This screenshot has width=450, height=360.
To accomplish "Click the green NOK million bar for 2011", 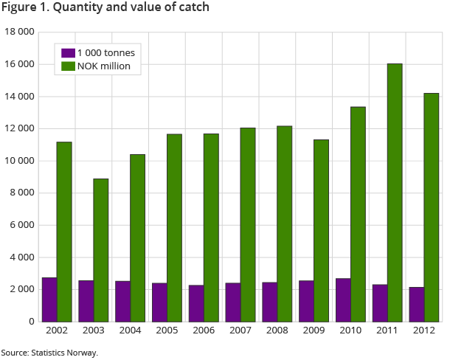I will (x=395, y=193).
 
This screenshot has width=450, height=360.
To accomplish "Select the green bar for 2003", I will (x=101, y=250).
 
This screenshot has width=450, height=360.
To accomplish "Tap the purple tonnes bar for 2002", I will (x=49, y=300).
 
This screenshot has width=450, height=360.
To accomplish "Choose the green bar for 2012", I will (x=432, y=207).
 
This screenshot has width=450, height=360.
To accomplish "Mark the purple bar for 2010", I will (x=343, y=300).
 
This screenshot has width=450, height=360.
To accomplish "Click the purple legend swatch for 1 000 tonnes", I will (x=68, y=53).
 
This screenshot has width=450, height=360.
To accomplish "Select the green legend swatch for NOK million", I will (x=68, y=66).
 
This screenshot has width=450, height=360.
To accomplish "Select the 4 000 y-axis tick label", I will (x=22, y=257).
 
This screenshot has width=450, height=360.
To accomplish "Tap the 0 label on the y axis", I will (x=31, y=322).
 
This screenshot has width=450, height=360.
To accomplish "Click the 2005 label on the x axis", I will (x=167, y=330).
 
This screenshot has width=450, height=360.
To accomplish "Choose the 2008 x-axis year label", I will (x=277, y=330).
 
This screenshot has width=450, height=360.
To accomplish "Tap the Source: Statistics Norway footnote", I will (x=49, y=353).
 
